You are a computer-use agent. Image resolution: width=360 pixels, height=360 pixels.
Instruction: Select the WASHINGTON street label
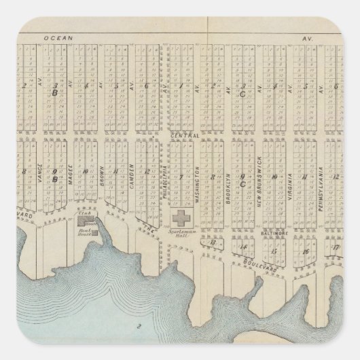(x=197, y=181)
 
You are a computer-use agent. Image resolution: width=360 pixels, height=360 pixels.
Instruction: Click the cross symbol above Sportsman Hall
(x=181, y=219)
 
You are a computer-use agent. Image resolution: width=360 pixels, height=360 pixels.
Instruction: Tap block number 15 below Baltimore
(x=274, y=252)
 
